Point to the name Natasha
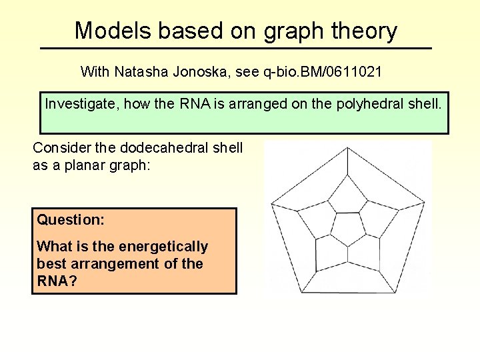click(139, 71)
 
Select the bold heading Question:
click(71, 219)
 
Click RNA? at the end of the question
click(57, 281)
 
